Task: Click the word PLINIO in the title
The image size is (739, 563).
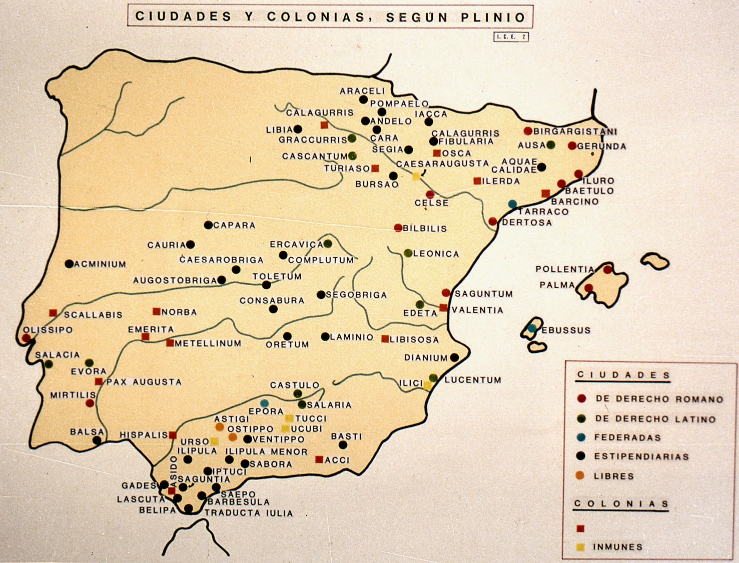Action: (493, 17)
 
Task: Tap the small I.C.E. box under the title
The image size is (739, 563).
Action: (511, 37)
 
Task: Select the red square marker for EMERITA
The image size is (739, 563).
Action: (146, 337)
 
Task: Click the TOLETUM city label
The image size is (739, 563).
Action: (277, 277)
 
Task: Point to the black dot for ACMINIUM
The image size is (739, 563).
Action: (69, 264)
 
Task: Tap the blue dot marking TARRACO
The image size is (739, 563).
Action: (512, 204)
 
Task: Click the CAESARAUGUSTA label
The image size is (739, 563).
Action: (442, 164)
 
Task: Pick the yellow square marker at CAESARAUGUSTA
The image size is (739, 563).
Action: (416, 176)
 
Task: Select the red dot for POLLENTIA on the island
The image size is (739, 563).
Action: (607, 270)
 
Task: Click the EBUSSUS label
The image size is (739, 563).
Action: (566, 330)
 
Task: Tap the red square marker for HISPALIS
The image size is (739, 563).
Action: (173, 435)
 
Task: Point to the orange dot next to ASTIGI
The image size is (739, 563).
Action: (220, 427)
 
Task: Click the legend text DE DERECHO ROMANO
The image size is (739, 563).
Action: (659, 399)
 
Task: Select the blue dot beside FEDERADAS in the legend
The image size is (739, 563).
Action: (581, 437)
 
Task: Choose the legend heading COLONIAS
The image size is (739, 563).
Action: (621, 504)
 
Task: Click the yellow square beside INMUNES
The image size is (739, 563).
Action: (580, 547)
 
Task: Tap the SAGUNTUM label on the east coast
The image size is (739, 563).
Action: (483, 294)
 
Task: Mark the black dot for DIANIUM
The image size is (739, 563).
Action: (454, 357)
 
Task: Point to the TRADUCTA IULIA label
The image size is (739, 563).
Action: (248, 513)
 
